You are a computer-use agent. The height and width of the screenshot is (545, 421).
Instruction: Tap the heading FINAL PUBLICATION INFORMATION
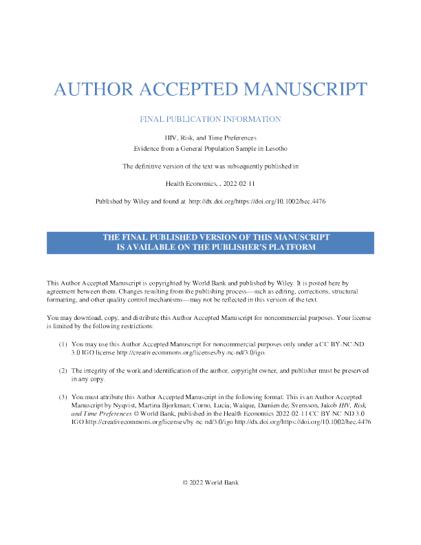(210, 119)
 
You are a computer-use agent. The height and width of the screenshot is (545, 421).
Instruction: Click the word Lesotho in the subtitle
(277, 149)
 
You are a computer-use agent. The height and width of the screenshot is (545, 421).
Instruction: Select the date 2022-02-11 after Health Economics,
(239, 184)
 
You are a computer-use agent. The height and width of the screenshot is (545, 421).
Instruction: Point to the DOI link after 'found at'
(257, 201)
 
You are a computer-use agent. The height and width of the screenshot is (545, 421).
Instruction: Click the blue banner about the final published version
(210, 243)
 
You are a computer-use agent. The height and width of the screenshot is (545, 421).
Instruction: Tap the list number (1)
(63, 344)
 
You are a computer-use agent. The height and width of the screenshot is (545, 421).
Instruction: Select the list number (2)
(63, 370)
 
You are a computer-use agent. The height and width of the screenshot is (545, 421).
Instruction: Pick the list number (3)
(63, 397)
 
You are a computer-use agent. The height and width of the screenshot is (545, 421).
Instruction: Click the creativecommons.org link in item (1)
(191, 352)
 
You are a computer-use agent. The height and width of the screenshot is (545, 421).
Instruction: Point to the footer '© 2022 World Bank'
(210, 482)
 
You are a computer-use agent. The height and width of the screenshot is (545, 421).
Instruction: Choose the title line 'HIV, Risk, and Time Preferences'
(210, 138)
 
